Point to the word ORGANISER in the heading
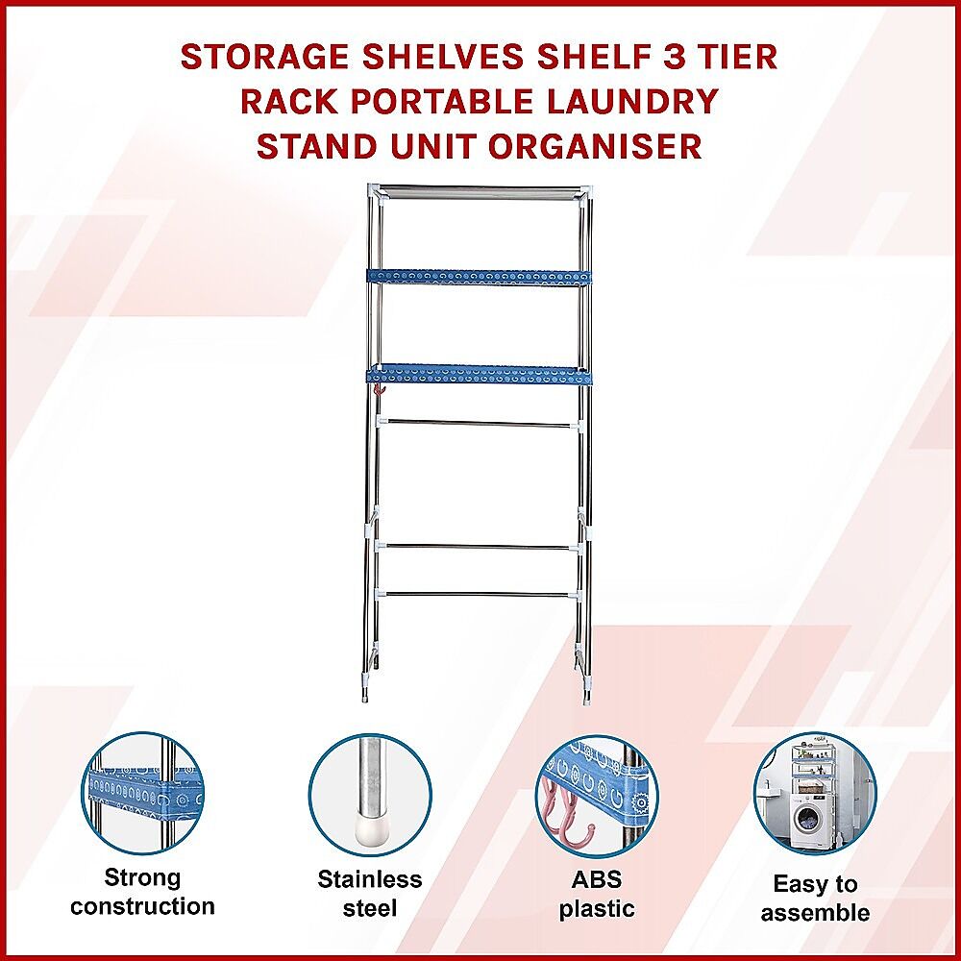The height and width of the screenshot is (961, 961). coord(596,146)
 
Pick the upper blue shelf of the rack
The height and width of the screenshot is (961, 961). coord(480,277)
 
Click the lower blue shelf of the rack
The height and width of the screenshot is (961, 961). coord(480,375)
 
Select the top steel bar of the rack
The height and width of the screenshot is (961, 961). coord(480,192)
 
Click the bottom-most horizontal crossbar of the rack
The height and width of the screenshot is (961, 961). coord(479,593)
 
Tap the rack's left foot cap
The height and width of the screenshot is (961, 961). coord(366,694)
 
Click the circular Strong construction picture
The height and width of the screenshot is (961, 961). coord(143,795)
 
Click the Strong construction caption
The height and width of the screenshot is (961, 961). coord(143,893)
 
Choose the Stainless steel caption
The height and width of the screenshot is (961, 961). coord(370,894)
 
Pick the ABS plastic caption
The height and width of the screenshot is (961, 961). coord(597,894)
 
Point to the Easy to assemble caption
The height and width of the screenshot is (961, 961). coord(815,899)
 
